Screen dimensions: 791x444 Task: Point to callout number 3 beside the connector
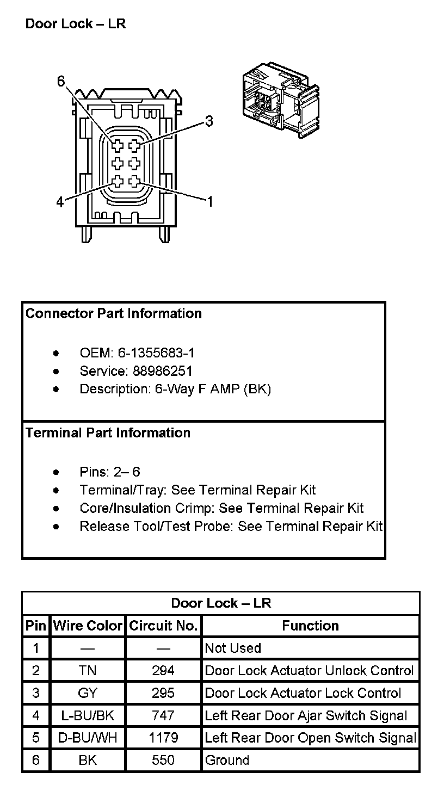point(208,121)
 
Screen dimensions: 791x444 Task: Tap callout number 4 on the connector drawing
point(60,202)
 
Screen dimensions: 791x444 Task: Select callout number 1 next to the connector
point(209,202)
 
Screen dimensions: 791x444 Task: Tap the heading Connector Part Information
point(113,314)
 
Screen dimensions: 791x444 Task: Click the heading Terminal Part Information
point(108,433)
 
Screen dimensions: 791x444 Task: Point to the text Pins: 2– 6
point(110,472)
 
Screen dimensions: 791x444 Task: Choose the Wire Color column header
point(88,626)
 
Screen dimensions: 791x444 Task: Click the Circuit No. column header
point(163,626)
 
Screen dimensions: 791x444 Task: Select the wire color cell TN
point(88,671)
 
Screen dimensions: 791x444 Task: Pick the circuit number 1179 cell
point(163,738)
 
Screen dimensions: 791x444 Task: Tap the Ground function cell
point(227,761)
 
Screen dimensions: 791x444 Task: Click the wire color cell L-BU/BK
point(88,716)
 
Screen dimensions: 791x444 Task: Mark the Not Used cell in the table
point(233,648)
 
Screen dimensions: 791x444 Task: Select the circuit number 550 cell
point(163,761)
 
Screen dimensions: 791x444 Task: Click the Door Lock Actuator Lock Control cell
point(303,694)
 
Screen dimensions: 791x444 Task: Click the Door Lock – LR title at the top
point(76,24)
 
